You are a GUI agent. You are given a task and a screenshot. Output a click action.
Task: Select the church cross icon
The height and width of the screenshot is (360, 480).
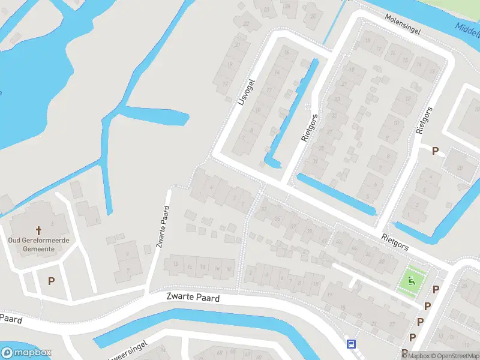(x=40, y=230)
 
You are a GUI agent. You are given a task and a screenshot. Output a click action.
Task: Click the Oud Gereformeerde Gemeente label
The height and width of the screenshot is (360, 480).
(x=39, y=244)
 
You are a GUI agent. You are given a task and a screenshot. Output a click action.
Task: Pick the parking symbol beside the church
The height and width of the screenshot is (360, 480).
(x=51, y=280)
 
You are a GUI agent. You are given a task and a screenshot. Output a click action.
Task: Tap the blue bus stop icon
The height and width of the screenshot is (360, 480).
(x=351, y=344)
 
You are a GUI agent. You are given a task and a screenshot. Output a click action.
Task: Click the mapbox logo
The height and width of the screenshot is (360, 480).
(x=26, y=353)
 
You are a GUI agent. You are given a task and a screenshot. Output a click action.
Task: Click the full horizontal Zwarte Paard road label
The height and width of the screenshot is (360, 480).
(x=193, y=298)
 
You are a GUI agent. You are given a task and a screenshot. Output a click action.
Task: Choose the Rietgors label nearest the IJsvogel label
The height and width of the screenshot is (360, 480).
(x=309, y=127)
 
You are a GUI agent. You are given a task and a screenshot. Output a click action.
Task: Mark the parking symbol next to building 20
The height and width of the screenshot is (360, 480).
(x=436, y=151)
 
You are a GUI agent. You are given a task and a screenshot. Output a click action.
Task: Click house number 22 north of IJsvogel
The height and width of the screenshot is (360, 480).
(x=246, y=24)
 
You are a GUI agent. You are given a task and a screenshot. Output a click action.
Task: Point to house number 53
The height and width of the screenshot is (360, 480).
(x=265, y=208)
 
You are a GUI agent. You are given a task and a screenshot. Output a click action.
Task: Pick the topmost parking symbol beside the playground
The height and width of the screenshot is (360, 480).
(x=436, y=289)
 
